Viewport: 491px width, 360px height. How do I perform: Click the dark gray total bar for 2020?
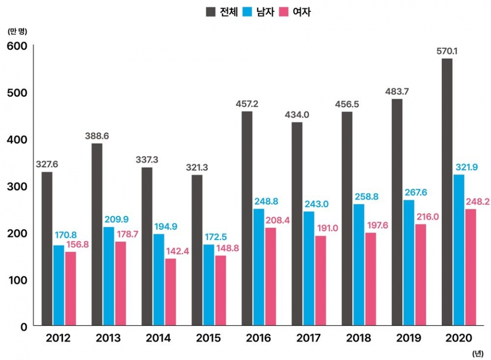pos(447,192)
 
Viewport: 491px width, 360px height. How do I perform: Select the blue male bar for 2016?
pos(259,267)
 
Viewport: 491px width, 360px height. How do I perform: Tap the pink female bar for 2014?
pos(171,291)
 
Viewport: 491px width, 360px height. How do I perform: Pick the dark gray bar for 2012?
pos(47,248)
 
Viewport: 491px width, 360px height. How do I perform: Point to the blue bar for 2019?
pos(409,262)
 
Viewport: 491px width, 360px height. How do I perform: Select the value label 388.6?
pos(97,136)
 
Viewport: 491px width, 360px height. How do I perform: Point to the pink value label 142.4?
pos(176,251)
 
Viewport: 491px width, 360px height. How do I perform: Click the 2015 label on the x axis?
pos(208,338)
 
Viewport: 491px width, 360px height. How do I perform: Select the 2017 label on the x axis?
pos(309,338)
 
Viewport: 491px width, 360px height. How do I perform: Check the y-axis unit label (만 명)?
pos(17,31)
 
